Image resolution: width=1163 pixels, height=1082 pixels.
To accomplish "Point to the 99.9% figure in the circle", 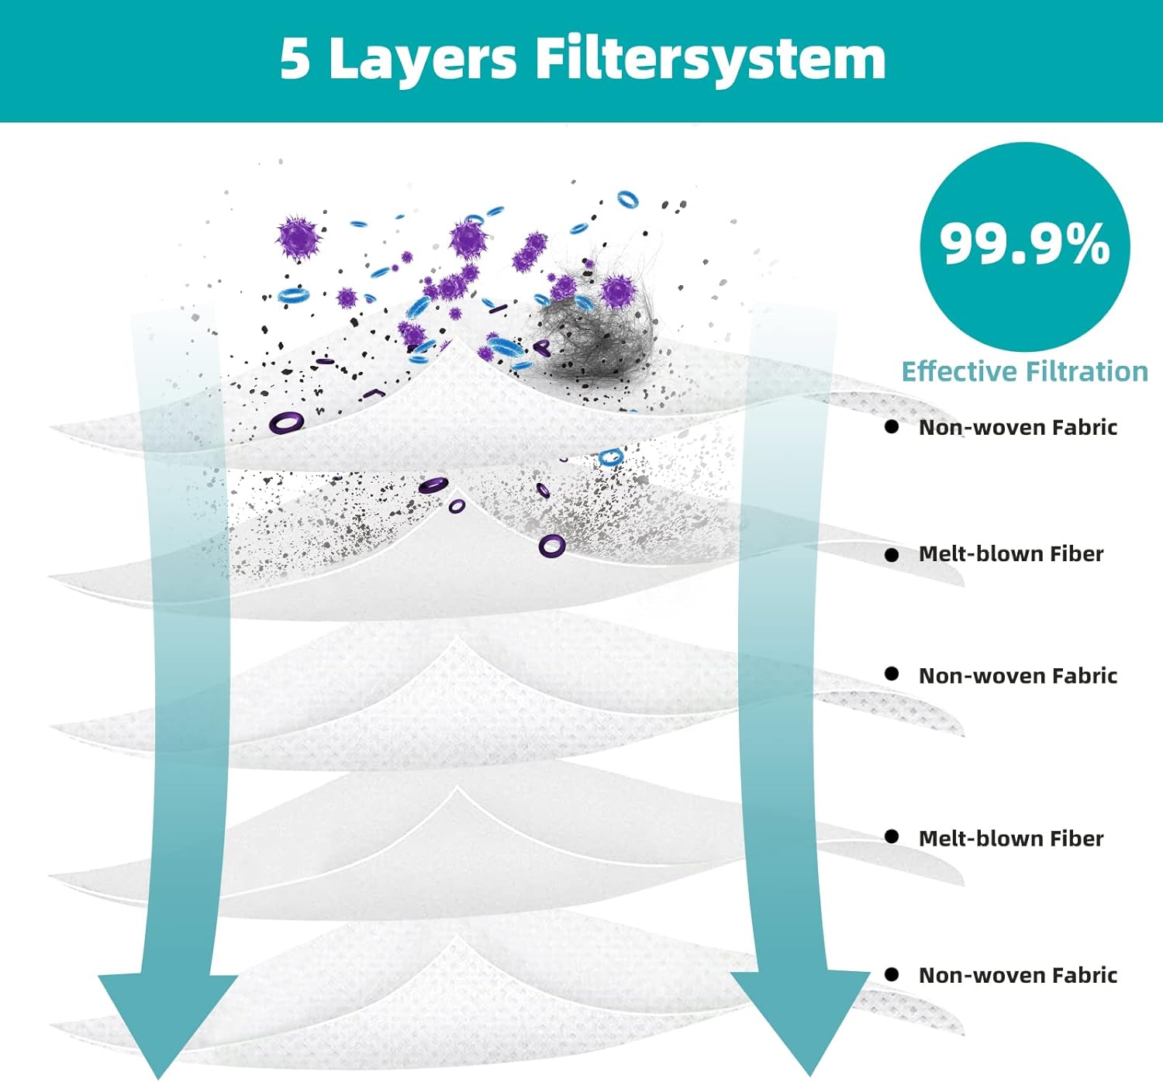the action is click(1025, 245).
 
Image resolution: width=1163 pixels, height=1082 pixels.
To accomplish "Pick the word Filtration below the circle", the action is click(1087, 371).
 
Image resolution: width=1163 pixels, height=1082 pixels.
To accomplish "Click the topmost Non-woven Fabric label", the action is click(1018, 427).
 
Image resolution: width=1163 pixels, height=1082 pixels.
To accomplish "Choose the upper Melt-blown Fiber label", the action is click(1011, 554).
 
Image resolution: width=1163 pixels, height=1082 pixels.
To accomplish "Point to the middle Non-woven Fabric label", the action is click(1018, 676).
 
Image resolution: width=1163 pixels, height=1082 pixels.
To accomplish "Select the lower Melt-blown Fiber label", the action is click(1011, 839).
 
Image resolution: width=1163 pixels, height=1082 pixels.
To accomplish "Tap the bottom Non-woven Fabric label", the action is click(1018, 975).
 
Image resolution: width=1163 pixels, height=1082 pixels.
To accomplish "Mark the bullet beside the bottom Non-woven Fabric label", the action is click(892, 974).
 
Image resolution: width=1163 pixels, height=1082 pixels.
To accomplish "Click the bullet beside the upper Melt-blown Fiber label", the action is click(892, 554).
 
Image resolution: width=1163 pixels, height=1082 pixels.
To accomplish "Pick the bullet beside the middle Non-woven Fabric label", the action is click(892, 674).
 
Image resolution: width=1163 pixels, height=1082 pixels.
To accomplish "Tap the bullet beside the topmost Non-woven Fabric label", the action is click(892, 427).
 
